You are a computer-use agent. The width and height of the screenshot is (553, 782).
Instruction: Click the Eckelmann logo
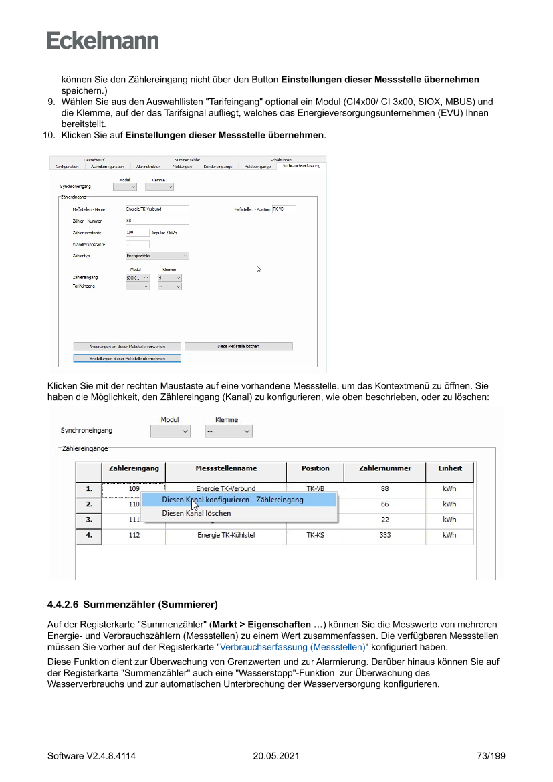(x=103, y=41)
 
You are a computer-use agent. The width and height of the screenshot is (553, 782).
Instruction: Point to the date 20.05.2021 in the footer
(x=275, y=756)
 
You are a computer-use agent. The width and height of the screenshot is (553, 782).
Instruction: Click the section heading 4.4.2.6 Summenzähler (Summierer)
(x=132, y=605)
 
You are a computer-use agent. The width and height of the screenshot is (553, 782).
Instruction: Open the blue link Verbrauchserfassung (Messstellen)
(x=293, y=647)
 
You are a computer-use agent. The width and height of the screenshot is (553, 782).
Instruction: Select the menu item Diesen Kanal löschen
(x=197, y=513)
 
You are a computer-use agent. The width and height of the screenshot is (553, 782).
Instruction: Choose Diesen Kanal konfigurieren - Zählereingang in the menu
(x=233, y=500)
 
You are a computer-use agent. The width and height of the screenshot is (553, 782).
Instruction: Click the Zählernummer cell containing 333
(x=384, y=535)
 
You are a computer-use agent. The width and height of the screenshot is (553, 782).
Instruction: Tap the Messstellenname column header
(x=226, y=468)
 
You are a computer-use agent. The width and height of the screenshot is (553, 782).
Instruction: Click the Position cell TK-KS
(x=315, y=535)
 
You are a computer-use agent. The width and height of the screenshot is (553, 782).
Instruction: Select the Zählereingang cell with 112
(x=134, y=535)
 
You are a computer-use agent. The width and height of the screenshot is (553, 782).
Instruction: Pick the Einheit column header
(x=450, y=468)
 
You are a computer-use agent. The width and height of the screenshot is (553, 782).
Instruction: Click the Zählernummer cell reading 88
(x=384, y=488)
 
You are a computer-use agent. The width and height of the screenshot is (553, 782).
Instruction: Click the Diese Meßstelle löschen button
(x=238, y=346)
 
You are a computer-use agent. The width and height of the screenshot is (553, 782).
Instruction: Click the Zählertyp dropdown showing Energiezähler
(x=157, y=255)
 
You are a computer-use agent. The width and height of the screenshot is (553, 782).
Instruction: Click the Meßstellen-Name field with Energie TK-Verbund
(x=157, y=209)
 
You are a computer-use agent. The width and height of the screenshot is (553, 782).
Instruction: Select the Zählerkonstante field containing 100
(x=138, y=232)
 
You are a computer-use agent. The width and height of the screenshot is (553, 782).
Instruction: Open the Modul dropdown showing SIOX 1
(x=138, y=277)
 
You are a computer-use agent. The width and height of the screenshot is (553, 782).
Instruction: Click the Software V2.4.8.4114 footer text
(x=92, y=756)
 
